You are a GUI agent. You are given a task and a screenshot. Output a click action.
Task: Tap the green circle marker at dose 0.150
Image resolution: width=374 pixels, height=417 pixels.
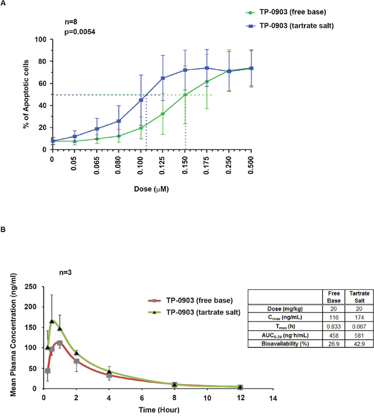tap(185, 95)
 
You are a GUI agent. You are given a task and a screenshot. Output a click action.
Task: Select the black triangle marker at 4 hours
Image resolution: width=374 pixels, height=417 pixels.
tap(110, 372)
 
